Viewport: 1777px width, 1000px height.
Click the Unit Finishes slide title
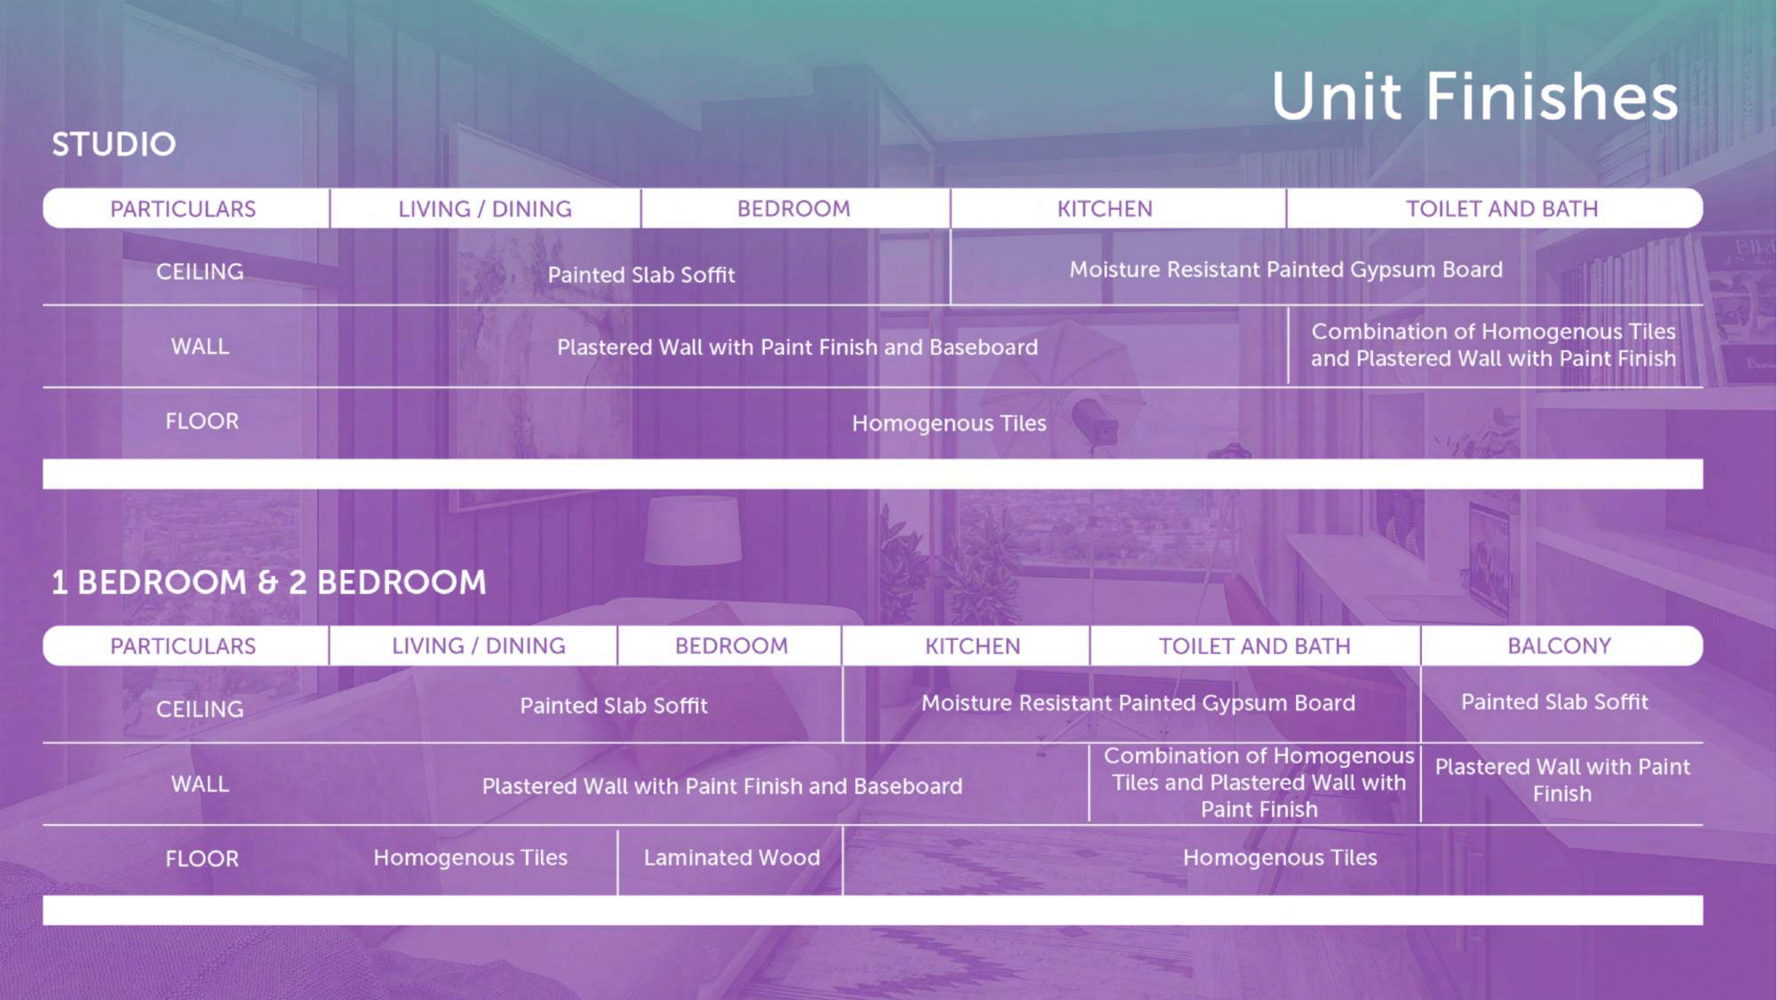click(1475, 97)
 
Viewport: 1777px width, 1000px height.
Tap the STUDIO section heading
click(114, 144)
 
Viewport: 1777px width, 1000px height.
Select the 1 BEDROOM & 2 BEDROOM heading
click(269, 582)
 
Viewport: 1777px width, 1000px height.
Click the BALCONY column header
click(1559, 646)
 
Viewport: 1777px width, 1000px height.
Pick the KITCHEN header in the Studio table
click(1105, 209)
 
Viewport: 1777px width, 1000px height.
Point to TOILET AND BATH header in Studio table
click(1502, 209)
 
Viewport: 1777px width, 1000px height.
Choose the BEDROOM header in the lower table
click(731, 646)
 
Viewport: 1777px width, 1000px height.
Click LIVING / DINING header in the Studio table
click(485, 209)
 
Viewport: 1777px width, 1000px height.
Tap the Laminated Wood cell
click(732, 857)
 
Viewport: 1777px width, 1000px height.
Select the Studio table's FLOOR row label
click(202, 421)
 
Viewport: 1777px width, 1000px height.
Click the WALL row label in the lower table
click(200, 784)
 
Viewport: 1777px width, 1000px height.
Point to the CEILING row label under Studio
click(200, 272)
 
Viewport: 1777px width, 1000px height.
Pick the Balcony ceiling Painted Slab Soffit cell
click(1554, 702)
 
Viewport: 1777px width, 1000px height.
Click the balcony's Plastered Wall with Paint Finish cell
click(1562, 780)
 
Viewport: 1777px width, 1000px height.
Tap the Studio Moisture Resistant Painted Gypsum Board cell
click(1286, 270)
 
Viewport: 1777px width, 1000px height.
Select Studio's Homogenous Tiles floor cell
click(949, 423)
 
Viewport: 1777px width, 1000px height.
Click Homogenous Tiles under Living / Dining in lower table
click(470, 857)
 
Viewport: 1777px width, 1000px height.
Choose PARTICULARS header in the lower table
click(183, 646)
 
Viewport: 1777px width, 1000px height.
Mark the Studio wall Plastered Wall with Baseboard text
click(798, 347)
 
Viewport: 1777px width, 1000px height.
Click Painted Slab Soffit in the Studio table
click(642, 275)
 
